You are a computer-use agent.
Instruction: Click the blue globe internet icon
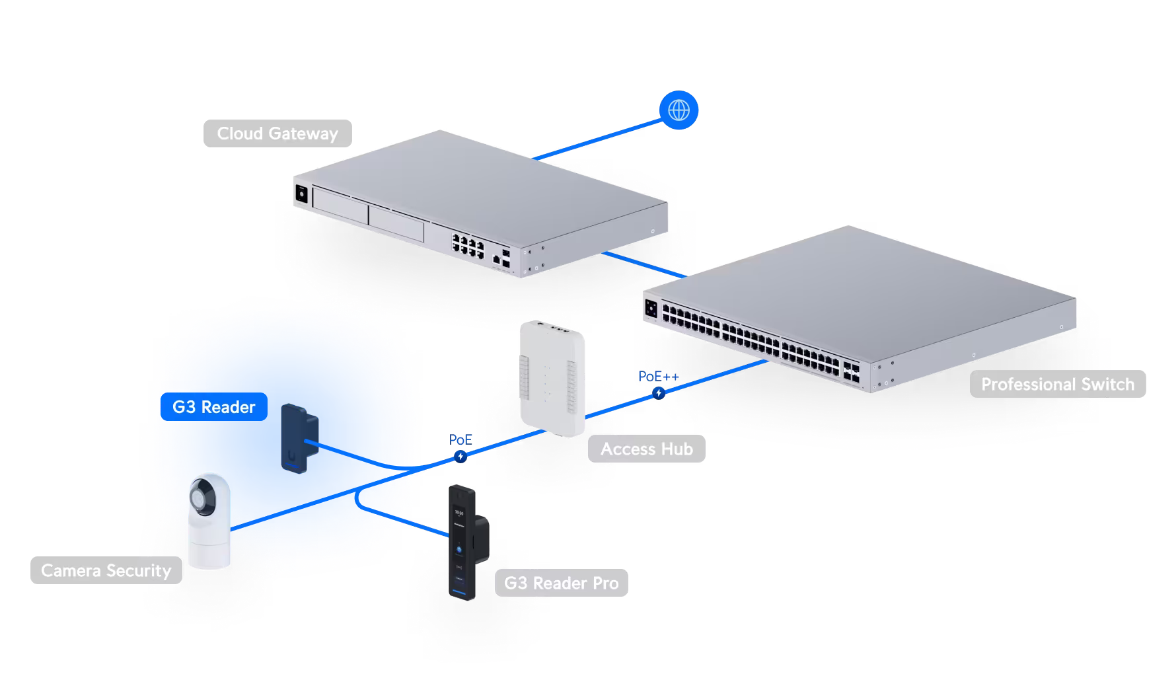pyautogui.click(x=679, y=110)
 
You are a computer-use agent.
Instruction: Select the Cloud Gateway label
pyautogui.click(x=277, y=133)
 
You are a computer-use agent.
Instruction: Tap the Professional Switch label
pyautogui.click(x=1058, y=384)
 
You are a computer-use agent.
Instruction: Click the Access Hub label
pyautogui.click(x=647, y=449)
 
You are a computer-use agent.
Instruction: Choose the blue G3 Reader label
pyautogui.click(x=214, y=407)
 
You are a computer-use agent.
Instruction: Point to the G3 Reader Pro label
pyautogui.click(x=562, y=583)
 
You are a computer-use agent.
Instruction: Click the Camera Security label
pyautogui.click(x=106, y=570)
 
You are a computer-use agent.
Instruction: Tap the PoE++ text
pyautogui.click(x=659, y=376)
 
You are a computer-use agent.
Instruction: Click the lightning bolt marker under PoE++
pyautogui.click(x=659, y=393)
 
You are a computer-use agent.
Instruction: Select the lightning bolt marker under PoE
pyautogui.click(x=460, y=457)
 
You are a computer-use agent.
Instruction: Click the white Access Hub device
pyautogui.click(x=552, y=379)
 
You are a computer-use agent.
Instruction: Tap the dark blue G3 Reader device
pyautogui.click(x=300, y=438)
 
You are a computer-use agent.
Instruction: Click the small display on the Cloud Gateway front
pyautogui.click(x=302, y=194)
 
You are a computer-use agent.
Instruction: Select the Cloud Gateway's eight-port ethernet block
pyautogui.click(x=468, y=245)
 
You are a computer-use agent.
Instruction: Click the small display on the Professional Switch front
pyautogui.click(x=651, y=308)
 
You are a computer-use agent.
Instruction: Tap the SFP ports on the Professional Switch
pyautogui.click(x=851, y=371)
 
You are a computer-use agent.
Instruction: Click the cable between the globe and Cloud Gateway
pyautogui.click(x=597, y=139)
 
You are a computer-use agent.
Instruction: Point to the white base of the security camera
pyautogui.click(x=209, y=546)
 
